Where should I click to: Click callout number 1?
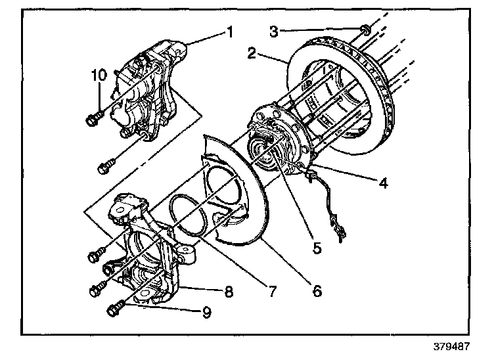click(231, 32)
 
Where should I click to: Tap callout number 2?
click(252, 53)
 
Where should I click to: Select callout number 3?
click(274, 32)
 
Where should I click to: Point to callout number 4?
click(383, 183)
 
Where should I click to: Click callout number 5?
click(317, 248)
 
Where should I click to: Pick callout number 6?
click(317, 291)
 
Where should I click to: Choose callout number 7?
click(272, 291)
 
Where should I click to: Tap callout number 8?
click(229, 292)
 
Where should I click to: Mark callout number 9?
click(206, 313)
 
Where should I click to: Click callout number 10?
click(99, 76)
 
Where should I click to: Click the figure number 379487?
click(451, 346)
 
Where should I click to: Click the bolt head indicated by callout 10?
click(92, 120)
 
